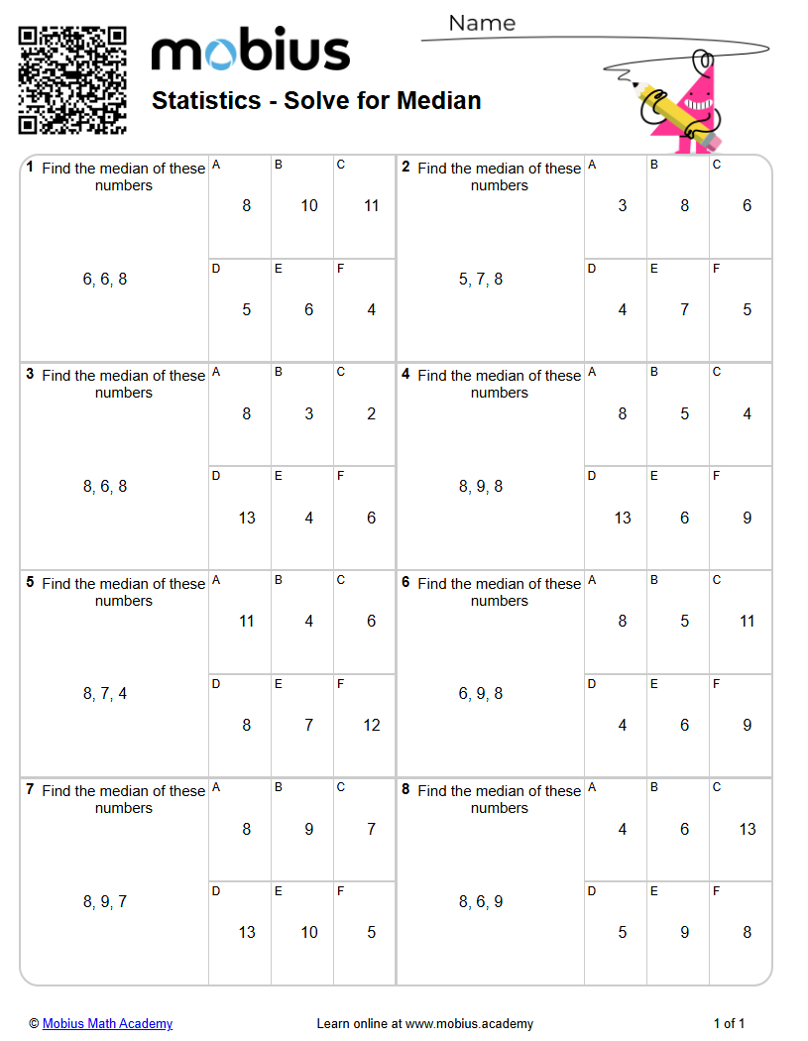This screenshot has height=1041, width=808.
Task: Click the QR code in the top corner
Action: [72, 80]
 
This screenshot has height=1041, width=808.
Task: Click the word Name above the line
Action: [482, 23]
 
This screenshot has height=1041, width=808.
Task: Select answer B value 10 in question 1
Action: [309, 206]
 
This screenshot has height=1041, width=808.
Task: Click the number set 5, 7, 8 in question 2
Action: [481, 280]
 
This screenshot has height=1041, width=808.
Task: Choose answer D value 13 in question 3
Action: [247, 518]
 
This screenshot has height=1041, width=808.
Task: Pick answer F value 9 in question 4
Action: [747, 518]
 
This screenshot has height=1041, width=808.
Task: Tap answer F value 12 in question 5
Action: [371, 725]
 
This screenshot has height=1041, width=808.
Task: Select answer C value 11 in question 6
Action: [747, 622]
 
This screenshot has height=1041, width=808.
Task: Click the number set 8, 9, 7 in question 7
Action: [105, 902]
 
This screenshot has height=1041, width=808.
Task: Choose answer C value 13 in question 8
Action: [747, 829]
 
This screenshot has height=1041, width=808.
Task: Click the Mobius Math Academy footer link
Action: [107, 1024]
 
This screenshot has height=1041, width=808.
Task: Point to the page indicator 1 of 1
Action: [729, 1024]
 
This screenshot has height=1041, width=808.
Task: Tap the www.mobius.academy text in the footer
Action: [469, 1024]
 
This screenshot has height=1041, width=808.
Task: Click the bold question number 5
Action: [30, 583]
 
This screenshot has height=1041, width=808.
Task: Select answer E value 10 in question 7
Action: [309, 932]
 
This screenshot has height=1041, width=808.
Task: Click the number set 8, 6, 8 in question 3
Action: [105, 487]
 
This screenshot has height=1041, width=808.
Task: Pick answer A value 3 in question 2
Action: [623, 206]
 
